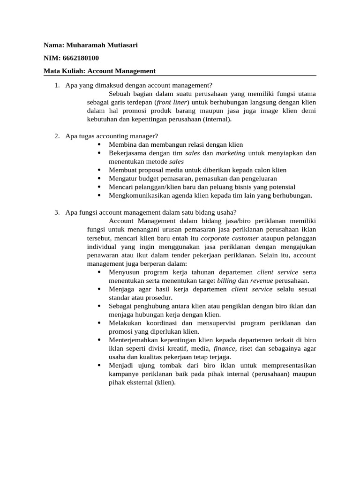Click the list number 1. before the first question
point(57,85)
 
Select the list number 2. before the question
point(57,136)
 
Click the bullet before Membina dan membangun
point(100,145)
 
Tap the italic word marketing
point(230,153)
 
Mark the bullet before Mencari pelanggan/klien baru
point(100,187)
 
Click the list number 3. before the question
point(57,213)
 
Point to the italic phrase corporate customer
point(229,238)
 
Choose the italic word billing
point(226,280)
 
